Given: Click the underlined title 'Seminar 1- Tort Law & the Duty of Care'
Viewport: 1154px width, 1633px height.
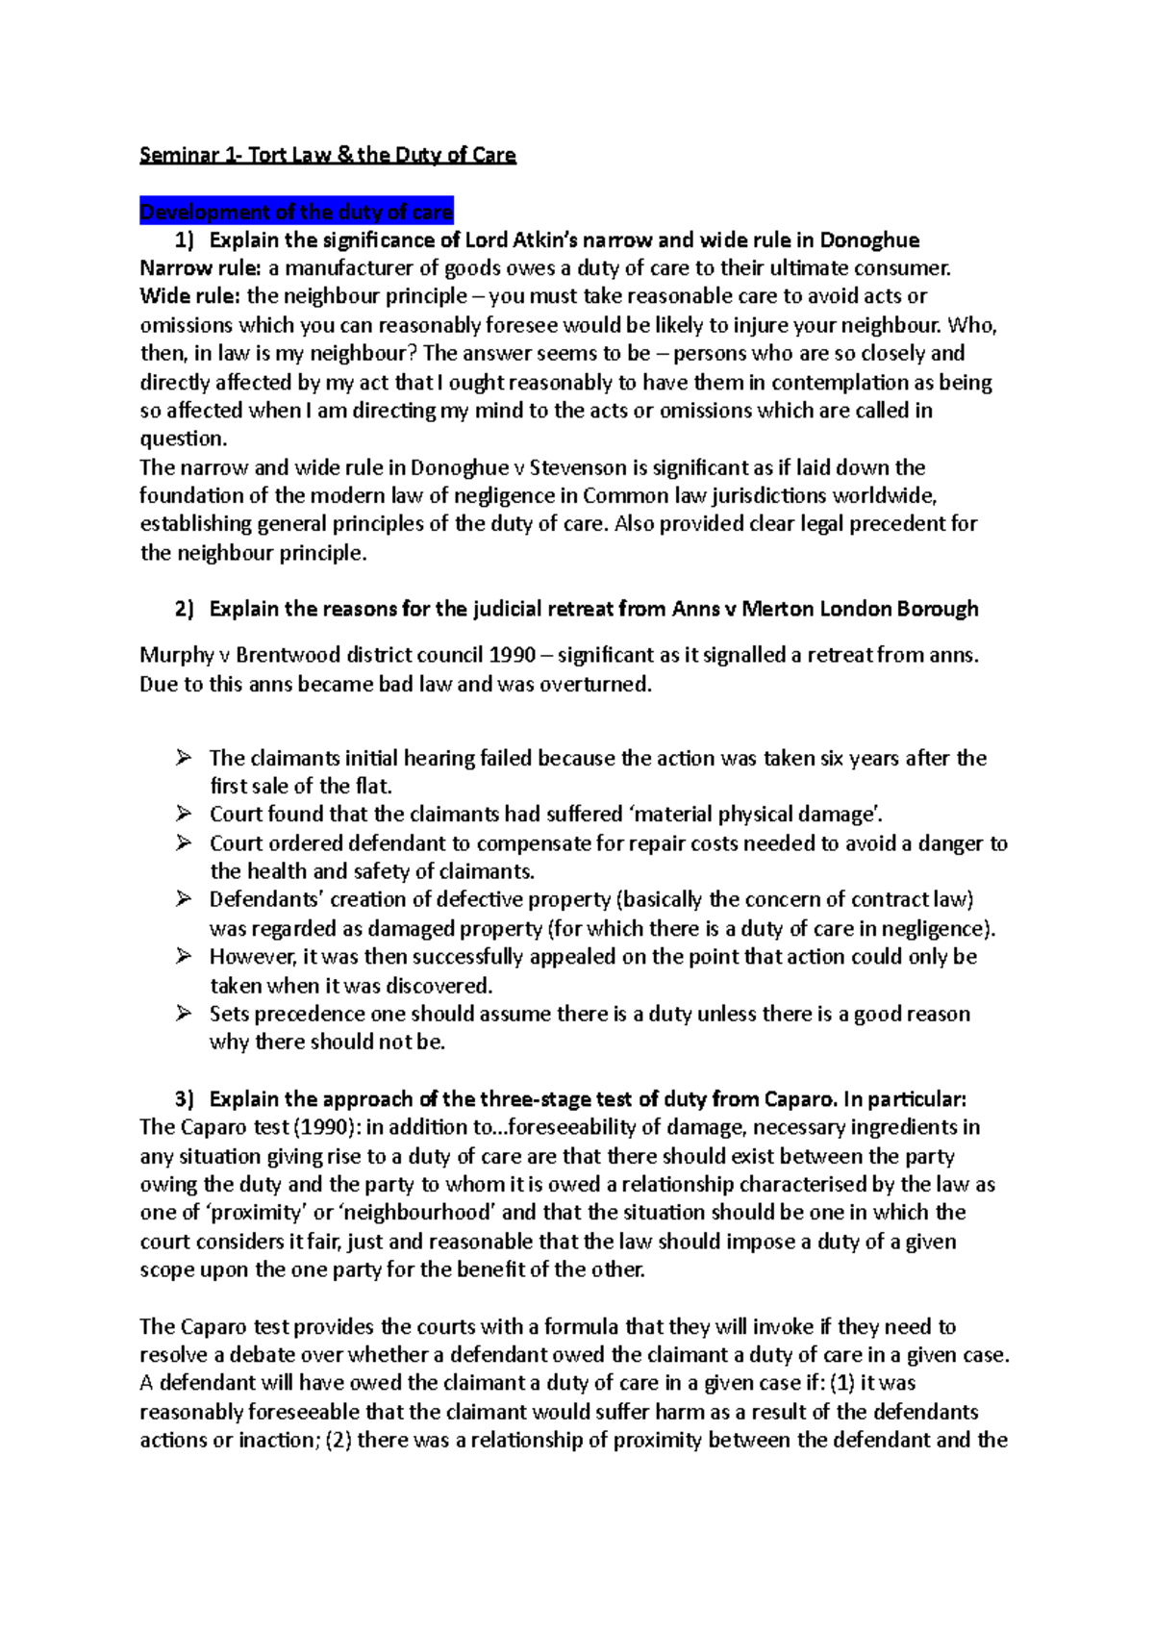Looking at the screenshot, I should pos(327,155).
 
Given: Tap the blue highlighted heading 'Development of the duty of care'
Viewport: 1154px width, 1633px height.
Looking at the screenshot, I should pos(296,212).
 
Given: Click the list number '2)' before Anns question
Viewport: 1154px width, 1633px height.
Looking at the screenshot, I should pos(184,609).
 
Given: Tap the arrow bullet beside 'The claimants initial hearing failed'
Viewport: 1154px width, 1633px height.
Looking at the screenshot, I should pos(185,758).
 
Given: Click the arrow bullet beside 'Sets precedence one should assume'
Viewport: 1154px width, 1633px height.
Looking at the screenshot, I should pos(185,1014).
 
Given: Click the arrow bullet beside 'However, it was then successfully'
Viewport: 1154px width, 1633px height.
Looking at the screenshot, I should pos(185,957).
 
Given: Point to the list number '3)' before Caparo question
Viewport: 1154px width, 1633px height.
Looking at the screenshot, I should pos(184,1099).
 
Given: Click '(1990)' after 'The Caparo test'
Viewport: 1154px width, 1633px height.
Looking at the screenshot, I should pos(326,1127).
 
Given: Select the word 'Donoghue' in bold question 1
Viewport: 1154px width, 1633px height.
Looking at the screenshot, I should pos(868,240).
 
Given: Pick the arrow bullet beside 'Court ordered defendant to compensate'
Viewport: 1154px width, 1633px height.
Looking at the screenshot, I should pos(185,843).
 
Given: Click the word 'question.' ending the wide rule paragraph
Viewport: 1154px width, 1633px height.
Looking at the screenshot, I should pos(183,440).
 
